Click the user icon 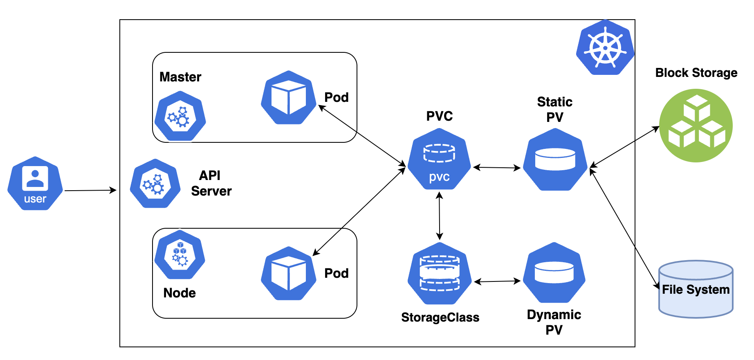pos(35,184)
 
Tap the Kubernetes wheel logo pos(605,48)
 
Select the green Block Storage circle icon pos(696,126)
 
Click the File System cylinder pos(696,289)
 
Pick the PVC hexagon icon pos(440,159)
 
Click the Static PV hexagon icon pos(555,160)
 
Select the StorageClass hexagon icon pos(440,273)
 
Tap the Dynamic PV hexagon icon pos(554,273)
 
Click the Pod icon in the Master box pos(289,97)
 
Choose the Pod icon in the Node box pos(289,273)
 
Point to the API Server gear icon pos(155,184)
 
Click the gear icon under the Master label pos(180,116)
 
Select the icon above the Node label pos(180,254)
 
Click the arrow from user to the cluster pos(90,190)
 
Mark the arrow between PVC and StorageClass pos(440,216)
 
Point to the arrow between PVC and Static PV pos(497,167)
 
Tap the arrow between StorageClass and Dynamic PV pos(497,281)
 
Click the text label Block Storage pos(696,73)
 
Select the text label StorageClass pos(440,317)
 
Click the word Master pos(180,77)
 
